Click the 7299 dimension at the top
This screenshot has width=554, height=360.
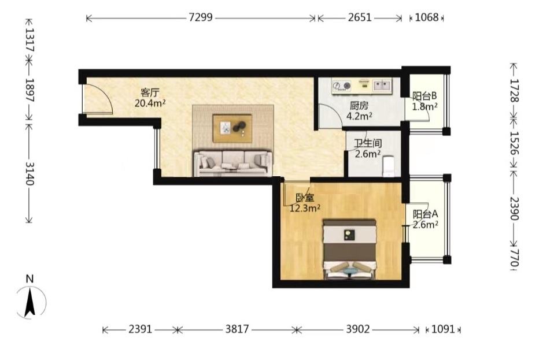[x=201, y=17]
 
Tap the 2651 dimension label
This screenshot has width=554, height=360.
[x=360, y=17]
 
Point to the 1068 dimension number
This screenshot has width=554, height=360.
[x=426, y=17]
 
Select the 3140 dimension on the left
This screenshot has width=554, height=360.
[x=29, y=174]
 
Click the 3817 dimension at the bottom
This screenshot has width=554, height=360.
[x=237, y=329]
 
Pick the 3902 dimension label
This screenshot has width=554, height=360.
[x=357, y=329]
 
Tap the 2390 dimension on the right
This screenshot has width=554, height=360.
[x=514, y=208]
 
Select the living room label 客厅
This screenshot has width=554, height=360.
[x=150, y=93]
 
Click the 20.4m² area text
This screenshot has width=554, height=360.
[x=150, y=103]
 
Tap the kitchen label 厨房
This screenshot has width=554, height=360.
[x=359, y=106]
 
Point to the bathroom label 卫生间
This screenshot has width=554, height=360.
[x=368, y=144]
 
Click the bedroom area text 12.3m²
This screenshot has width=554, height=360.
[x=305, y=208]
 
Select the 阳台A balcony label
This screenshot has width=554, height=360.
[x=426, y=214]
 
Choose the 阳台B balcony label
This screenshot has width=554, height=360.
[x=424, y=96]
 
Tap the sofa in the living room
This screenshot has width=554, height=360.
[x=233, y=163]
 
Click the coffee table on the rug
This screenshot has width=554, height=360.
[x=232, y=128]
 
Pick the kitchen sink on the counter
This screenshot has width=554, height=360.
[x=382, y=85]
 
